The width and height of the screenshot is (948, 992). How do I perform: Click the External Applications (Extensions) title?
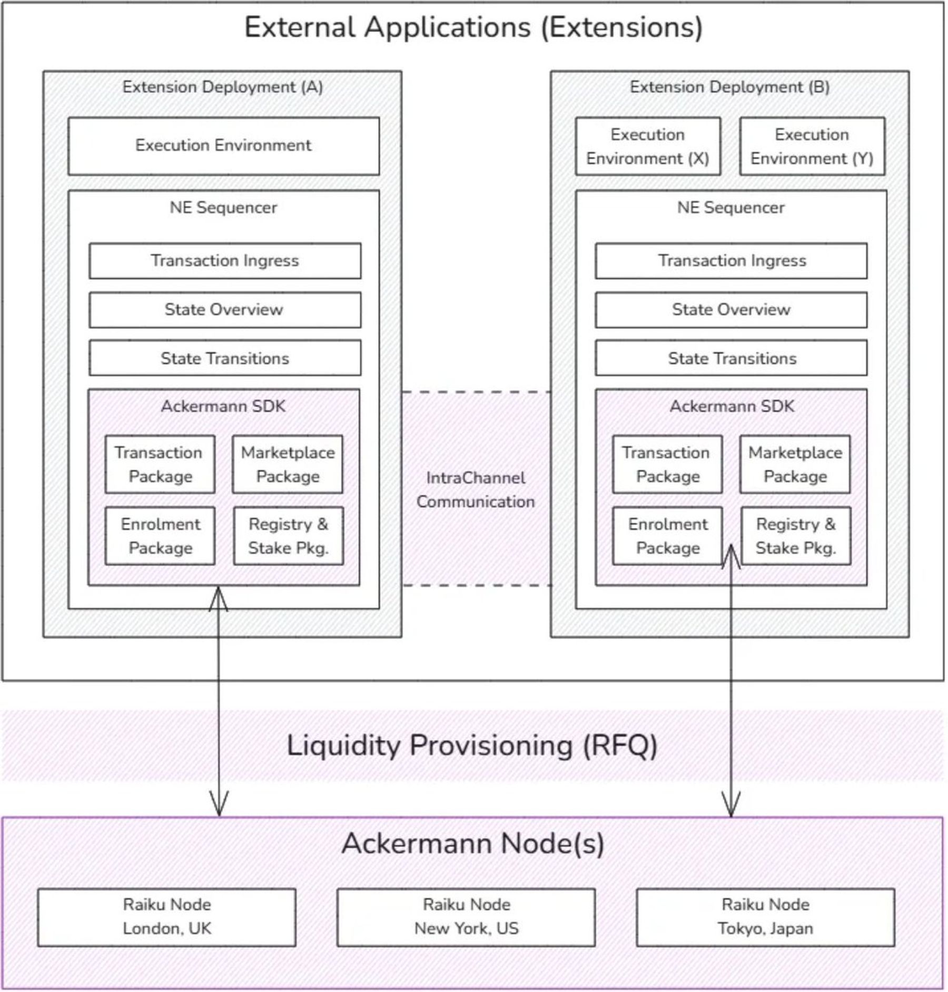click(473, 27)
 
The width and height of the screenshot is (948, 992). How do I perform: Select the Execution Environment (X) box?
click(648, 146)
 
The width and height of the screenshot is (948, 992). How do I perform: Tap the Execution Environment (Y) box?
click(812, 146)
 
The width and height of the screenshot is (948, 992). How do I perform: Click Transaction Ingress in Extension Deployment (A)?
click(225, 261)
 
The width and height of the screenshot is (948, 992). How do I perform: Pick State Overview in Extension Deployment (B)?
click(731, 310)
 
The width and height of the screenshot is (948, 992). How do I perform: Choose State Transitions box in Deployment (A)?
click(225, 358)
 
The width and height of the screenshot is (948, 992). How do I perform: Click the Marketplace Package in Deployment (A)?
click(288, 464)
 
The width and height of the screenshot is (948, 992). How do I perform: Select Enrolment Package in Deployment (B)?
click(667, 536)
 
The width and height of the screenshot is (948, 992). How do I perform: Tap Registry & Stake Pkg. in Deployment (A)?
click(289, 536)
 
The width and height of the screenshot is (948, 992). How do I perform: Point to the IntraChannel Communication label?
click(476, 489)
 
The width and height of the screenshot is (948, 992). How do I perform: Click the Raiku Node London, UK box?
click(166, 917)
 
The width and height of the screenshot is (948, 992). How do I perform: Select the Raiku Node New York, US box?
click(466, 917)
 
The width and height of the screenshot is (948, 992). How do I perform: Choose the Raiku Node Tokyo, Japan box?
click(765, 917)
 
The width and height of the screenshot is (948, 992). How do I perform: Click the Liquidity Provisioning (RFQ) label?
click(472, 745)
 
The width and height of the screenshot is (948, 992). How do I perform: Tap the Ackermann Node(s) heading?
click(472, 843)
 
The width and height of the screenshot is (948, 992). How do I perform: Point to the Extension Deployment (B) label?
click(729, 87)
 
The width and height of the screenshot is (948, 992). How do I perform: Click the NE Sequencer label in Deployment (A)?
click(223, 208)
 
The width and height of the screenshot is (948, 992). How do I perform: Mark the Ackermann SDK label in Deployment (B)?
click(732, 406)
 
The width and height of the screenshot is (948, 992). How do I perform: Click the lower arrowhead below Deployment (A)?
click(219, 805)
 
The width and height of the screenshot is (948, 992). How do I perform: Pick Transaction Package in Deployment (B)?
click(667, 464)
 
